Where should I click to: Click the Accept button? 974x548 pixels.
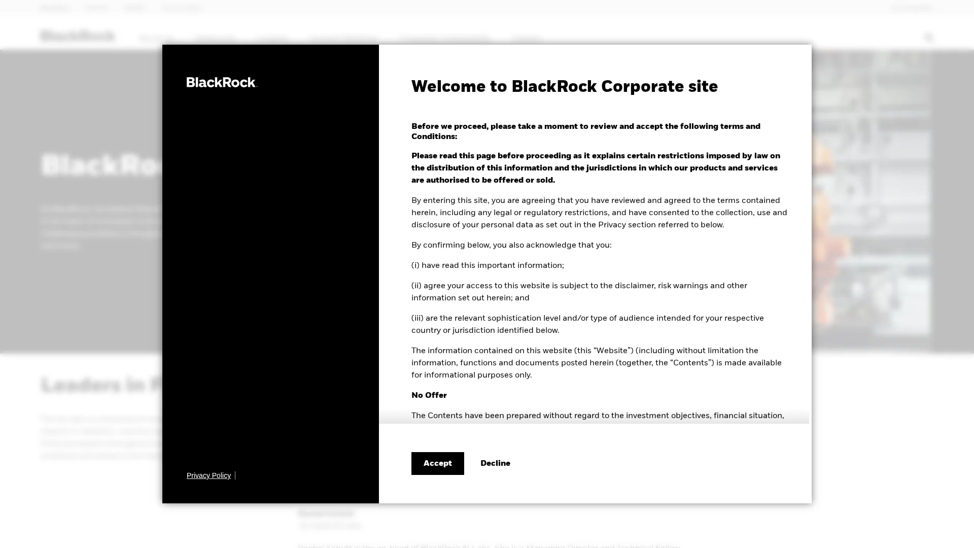click(x=437, y=463)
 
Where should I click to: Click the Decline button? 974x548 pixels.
click(x=495, y=463)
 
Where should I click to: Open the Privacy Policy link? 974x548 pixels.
click(x=208, y=475)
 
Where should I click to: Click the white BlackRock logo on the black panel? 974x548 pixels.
click(x=222, y=82)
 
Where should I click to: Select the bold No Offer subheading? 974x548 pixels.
click(x=429, y=395)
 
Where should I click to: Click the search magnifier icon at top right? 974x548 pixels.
click(x=929, y=37)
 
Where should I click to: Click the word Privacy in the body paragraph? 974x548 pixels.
click(x=614, y=225)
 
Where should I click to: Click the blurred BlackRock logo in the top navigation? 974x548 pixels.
click(x=78, y=36)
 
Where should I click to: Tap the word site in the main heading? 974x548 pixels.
click(x=703, y=87)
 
